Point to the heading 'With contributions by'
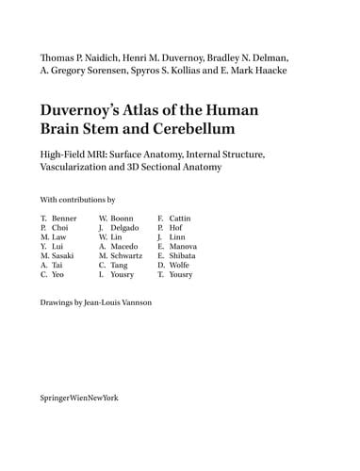[x=76, y=200]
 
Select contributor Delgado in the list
[x=125, y=230]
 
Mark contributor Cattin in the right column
[x=179, y=219]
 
